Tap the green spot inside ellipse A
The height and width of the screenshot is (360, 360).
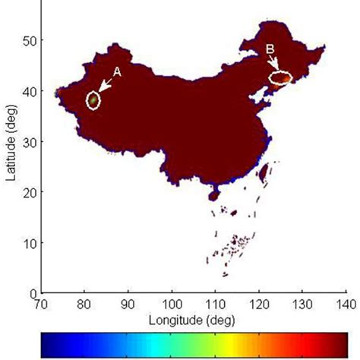[x=93, y=99]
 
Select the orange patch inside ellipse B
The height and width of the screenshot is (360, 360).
[x=282, y=77]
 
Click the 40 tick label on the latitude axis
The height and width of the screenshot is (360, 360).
[x=31, y=90]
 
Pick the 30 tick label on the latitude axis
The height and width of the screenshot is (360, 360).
[x=31, y=141]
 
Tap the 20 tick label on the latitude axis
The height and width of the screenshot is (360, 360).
[x=31, y=192]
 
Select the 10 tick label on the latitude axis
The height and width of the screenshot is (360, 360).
[x=31, y=243]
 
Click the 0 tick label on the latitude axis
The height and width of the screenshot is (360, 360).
[x=34, y=293]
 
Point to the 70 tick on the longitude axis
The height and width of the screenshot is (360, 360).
[x=42, y=302]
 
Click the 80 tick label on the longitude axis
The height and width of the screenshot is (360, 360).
[x=85, y=302]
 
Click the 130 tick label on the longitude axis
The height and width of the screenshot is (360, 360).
[x=302, y=302]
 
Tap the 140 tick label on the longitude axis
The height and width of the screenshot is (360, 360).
[x=344, y=302]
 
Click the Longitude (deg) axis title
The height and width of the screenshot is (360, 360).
[x=194, y=317]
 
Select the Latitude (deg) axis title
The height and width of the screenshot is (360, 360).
[x=12, y=156]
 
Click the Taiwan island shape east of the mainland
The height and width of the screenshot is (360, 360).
[x=264, y=175]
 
